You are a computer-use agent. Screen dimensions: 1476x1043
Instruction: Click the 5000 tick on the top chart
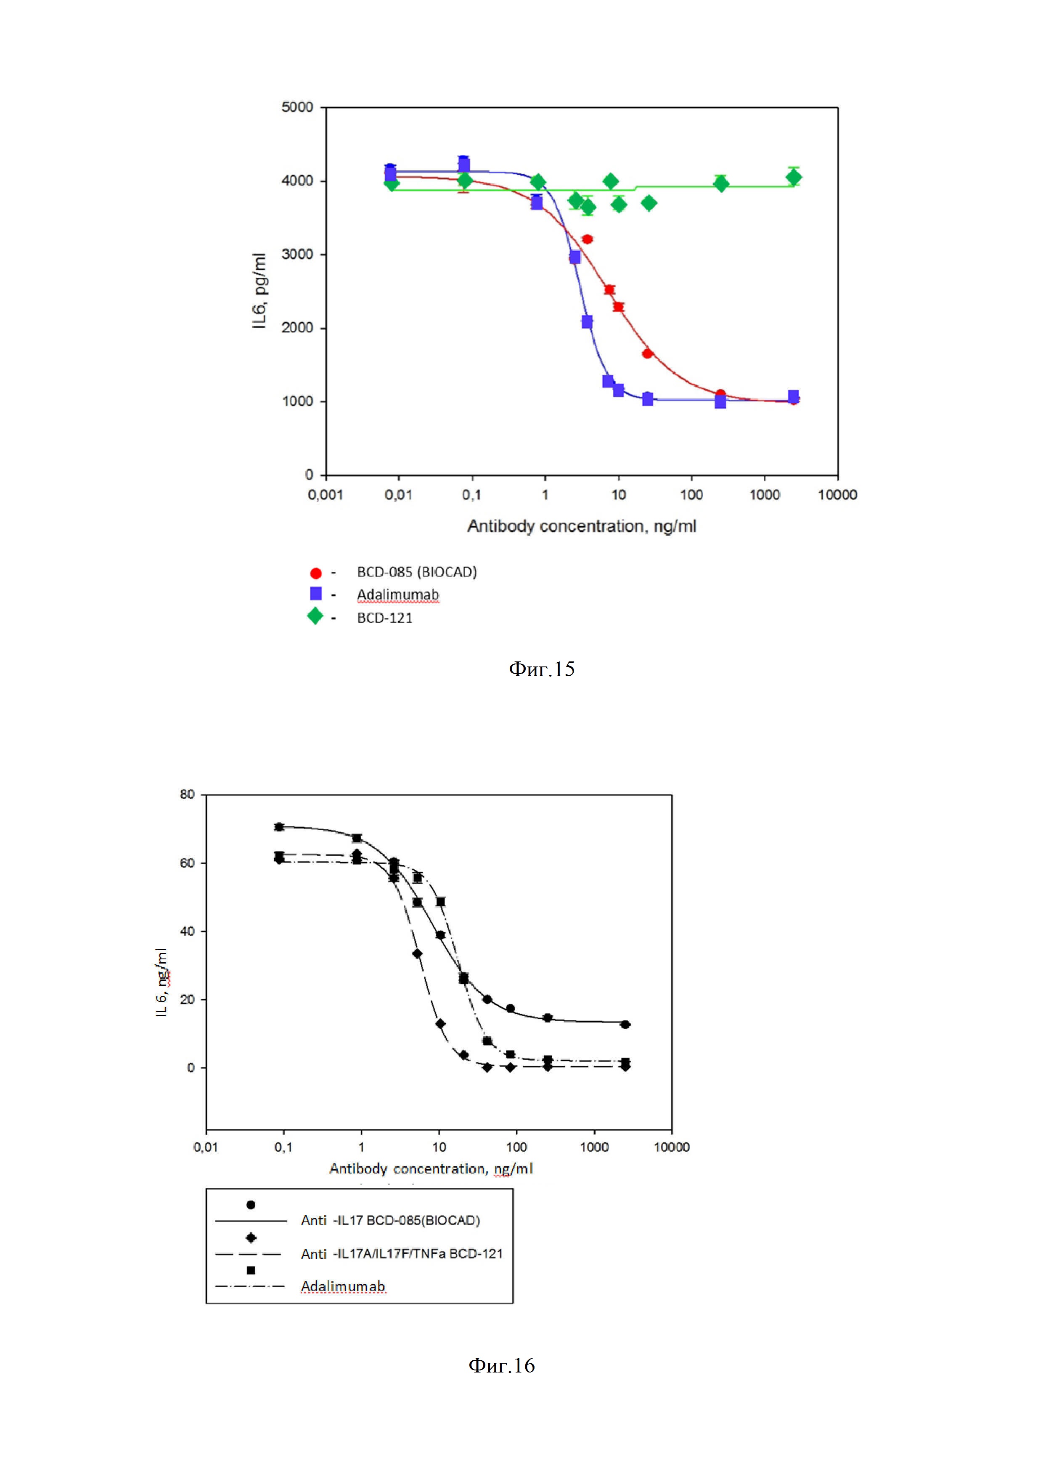pyautogui.click(x=297, y=107)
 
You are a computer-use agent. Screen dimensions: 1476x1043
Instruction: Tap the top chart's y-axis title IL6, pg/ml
pyautogui.click(x=259, y=291)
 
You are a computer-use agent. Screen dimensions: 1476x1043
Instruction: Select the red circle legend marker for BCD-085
pyautogui.click(x=315, y=573)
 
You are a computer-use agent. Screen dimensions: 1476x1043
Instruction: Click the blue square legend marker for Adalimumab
pyautogui.click(x=315, y=593)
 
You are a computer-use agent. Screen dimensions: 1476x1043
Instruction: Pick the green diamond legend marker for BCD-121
pyautogui.click(x=315, y=616)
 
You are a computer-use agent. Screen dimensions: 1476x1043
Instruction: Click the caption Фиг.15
pyautogui.click(x=541, y=669)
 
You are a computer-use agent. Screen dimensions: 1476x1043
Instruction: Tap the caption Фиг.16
pyautogui.click(x=501, y=1365)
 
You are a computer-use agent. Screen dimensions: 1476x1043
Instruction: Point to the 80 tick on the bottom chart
pyautogui.click(x=187, y=794)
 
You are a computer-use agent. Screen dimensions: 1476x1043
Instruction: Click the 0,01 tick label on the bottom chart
pyautogui.click(x=206, y=1147)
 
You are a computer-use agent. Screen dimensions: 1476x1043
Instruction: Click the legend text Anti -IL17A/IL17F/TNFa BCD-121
pyautogui.click(x=402, y=1253)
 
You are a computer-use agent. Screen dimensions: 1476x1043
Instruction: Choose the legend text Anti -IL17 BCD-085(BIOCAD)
pyautogui.click(x=390, y=1220)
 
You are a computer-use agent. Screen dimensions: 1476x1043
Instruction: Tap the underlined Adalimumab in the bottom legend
pyautogui.click(x=343, y=1286)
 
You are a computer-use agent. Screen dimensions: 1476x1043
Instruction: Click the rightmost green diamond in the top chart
pyautogui.click(x=794, y=178)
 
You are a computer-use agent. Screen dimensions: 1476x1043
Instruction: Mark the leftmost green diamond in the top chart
pyautogui.click(x=392, y=183)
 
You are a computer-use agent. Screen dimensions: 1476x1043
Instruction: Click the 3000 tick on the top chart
pyautogui.click(x=297, y=255)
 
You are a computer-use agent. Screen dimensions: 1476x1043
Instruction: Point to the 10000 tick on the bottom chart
pyautogui.click(x=672, y=1147)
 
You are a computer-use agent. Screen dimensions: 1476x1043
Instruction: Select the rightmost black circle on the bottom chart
pyautogui.click(x=625, y=1025)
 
